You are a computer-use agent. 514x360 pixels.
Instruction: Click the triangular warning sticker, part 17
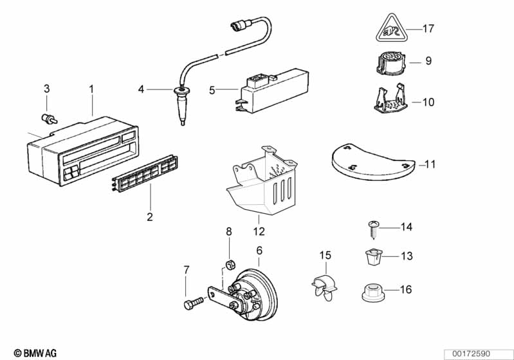coord(390,29)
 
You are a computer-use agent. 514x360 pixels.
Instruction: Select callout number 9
coord(428,61)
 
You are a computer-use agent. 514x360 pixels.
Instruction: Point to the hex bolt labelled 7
coord(194,303)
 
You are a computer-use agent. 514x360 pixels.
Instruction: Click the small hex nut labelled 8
coord(229,264)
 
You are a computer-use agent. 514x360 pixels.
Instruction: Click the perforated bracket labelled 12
coord(262,183)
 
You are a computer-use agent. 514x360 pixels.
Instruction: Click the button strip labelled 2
coord(145,174)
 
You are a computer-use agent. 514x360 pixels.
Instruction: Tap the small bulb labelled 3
coord(50,118)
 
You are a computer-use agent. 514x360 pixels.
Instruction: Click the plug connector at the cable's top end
coord(241,25)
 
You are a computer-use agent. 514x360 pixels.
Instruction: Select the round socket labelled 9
coord(390,63)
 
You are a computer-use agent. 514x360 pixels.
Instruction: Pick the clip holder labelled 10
coord(390,99)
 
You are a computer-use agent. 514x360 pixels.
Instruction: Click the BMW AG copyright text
coord(35,353)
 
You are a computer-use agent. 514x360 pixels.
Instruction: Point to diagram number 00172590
coord(472,354)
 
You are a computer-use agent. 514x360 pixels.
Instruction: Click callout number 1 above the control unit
coord(91,89)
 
